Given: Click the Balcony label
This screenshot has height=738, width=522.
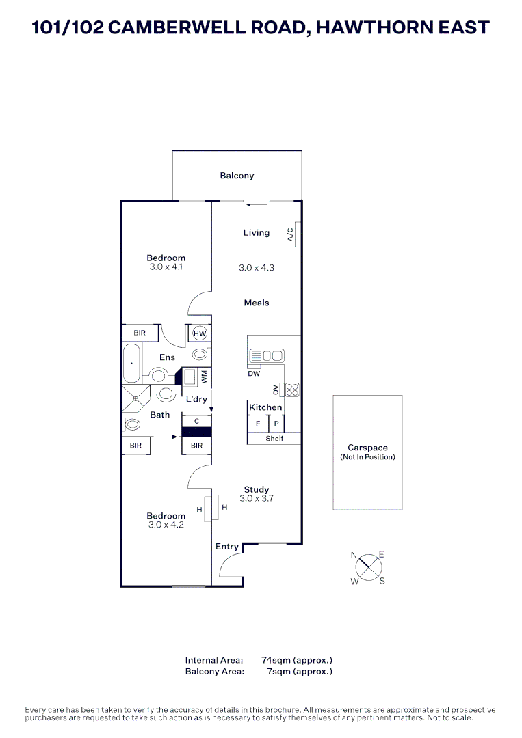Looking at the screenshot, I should (x=237, y=176).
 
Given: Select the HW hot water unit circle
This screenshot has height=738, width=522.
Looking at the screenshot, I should (x=200, y=333).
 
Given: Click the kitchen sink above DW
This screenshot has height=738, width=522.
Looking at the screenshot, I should (x=267, y=355).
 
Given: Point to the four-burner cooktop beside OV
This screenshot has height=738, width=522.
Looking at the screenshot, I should (x=292, y=389).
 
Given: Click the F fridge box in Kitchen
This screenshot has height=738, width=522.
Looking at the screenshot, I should (x=257, y=424).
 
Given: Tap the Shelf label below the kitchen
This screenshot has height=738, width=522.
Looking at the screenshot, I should (x=274, y=439).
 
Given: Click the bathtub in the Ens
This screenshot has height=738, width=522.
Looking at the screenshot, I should (x=131, y=364).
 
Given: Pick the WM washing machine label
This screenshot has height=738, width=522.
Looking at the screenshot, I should (x=204, y=377).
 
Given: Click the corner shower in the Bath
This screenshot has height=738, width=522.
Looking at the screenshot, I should (x=135, y=398).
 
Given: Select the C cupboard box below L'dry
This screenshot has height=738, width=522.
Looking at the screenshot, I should (x=196, y=422).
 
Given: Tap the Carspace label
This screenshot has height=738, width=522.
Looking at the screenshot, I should (x=367, y=448).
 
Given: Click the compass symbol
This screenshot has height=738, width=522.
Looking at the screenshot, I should (x=368, y=567).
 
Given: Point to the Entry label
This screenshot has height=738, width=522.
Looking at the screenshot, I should (x=227, y=547).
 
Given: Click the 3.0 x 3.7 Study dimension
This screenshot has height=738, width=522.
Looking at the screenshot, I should (x=257, y=499).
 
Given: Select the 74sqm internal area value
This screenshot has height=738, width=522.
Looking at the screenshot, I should (x=297, y=660).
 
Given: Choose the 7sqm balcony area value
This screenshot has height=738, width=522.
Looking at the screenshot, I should (x=300, y=672).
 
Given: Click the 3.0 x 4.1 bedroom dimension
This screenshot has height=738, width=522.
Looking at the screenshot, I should (x=167, y=267).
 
